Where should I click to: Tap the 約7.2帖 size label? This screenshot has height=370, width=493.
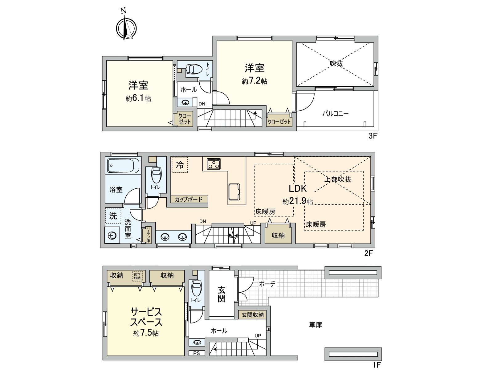point(255,81)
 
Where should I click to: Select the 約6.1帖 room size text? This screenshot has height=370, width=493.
point(138,99)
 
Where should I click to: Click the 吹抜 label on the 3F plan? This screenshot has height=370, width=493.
point(336,64)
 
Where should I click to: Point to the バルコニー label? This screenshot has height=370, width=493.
point(336,113)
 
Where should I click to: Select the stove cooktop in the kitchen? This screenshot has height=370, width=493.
point(213,163)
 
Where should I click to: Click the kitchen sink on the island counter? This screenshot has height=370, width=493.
point(234,191)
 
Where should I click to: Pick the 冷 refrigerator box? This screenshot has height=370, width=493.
point(180,165)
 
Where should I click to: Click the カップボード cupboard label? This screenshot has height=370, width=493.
point(189,199)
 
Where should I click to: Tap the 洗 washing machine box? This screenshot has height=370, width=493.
point(113,216)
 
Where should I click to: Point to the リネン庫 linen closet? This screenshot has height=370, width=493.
point(148,235)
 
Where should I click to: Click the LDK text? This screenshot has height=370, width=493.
point(297,188)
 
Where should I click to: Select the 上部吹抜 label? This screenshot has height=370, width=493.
point(338,179)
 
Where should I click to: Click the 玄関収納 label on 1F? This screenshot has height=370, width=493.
point(252,315)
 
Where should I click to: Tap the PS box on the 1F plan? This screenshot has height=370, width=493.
point(197,353)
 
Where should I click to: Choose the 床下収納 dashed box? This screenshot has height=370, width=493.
point(137,276)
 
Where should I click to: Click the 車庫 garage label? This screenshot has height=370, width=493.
point(316,325)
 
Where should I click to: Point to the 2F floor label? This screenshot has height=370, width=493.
point(369,253)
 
